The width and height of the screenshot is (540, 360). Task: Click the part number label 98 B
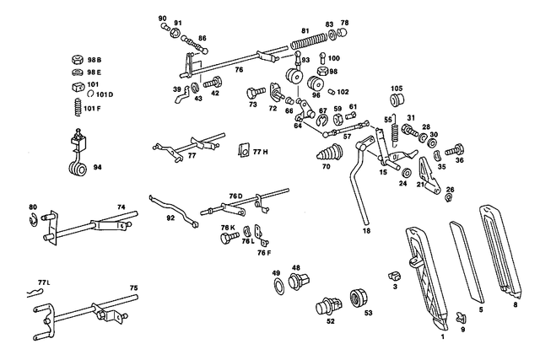click(94, 61)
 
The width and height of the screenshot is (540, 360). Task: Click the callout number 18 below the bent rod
click(365, 230)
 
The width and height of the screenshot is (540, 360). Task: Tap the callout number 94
click(97, 168)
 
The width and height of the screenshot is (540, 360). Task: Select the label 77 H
click(259, 152)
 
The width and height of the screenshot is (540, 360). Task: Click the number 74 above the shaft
click(121, 207)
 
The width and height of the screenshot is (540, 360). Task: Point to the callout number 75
click(133, 288)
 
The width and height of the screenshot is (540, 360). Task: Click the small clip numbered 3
click(392, 275)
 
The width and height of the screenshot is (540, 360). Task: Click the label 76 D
click(235, 196)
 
